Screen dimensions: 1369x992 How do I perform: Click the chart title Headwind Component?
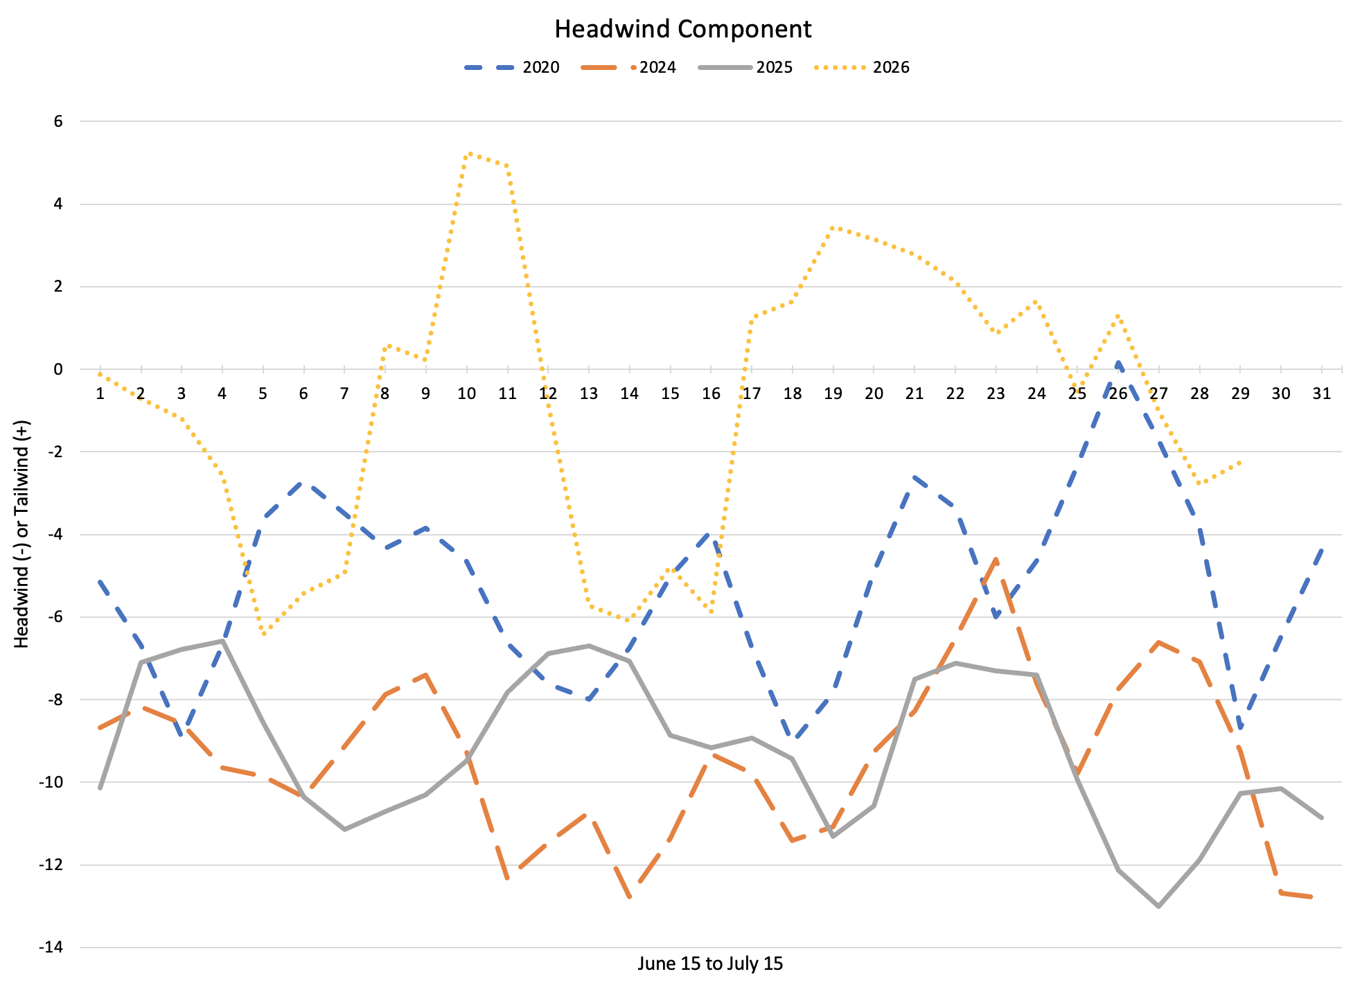pos(683,29)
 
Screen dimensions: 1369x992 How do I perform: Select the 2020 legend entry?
pos(511,67)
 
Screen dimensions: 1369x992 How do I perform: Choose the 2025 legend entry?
pos(745,67)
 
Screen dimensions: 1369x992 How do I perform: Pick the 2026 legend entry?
pos(862,67)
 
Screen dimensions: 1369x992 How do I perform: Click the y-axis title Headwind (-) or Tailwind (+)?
pos(22,534)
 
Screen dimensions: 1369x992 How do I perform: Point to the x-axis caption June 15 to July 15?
pos(710,964)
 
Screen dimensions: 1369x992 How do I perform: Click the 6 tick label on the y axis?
pos(58,121)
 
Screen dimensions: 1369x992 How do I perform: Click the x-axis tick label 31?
pos(1322,393)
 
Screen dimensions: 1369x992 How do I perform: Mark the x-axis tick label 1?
pos(100,393)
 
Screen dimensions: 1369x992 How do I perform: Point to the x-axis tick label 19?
pos(833,393)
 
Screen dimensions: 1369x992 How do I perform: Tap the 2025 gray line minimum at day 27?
pos(1158,905)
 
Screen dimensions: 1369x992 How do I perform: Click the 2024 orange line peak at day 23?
pos(996,558)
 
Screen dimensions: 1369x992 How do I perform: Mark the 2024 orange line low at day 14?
pos(630,898)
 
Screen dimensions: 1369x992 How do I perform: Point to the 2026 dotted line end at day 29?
pos(1240,461)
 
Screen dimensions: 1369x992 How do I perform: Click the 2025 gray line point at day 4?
pos(222,641)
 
